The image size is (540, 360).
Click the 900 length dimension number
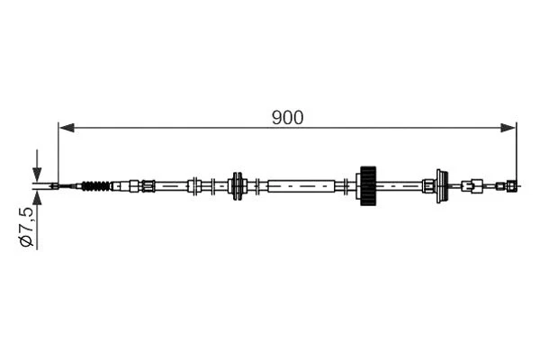pos(288,117)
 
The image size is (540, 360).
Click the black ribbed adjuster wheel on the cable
pos(366,186)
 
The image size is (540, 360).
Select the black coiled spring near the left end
pos(94,187)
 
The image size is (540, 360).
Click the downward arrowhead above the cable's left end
pos(37,175)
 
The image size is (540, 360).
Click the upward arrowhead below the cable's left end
pos(37,199)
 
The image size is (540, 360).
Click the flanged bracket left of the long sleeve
pos(238,186)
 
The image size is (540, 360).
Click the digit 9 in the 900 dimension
pos(276,117)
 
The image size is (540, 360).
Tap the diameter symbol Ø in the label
pos(28,240)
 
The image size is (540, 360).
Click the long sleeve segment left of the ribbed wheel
pos(306,186)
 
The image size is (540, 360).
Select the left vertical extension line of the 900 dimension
pos(58,153)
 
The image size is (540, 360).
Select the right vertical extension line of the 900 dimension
pos(517,153)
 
